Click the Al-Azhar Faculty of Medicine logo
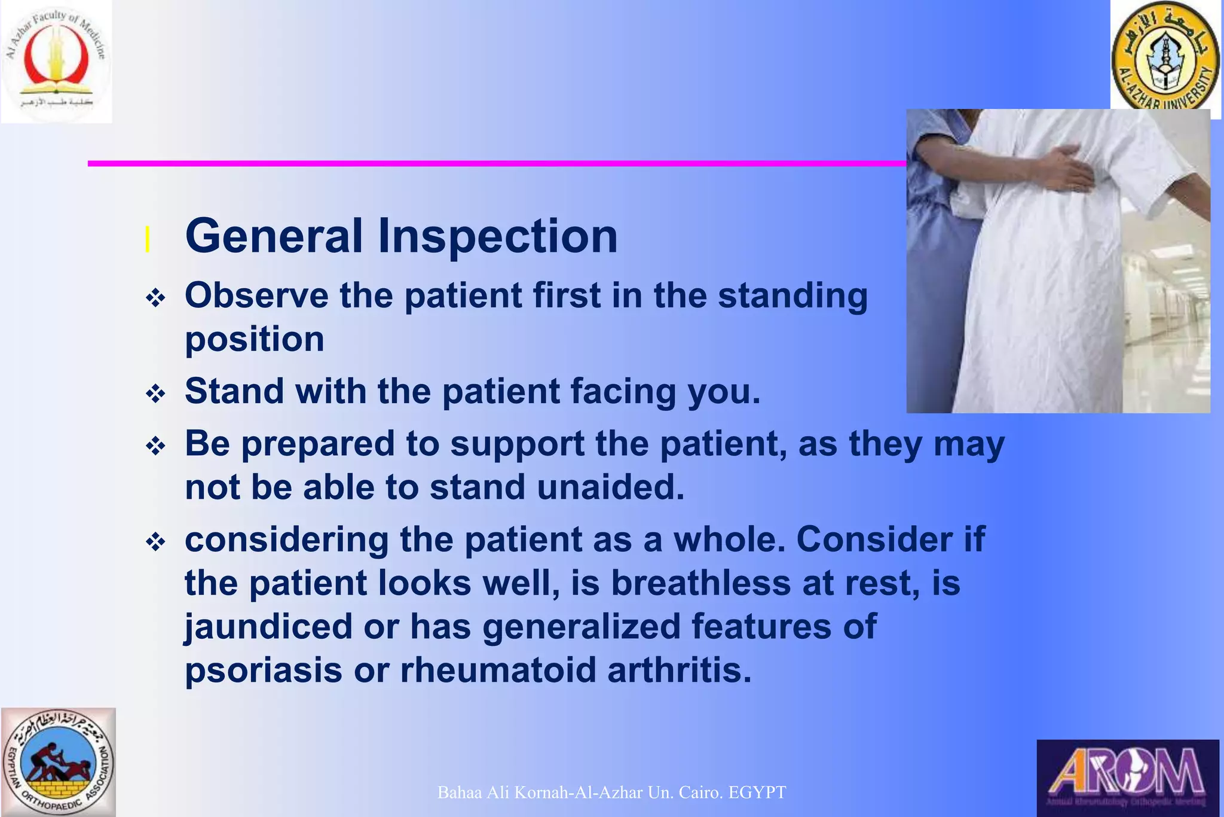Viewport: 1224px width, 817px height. pos(56,62)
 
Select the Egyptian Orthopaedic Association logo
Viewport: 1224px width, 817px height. pos(58,763)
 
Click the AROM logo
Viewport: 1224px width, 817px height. pos(1127,778)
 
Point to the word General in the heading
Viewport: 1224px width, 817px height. pos(274,236)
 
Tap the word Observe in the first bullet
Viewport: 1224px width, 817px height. pos(256,295)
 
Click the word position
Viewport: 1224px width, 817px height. pos(255,340)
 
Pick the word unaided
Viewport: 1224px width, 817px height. pos(610,487)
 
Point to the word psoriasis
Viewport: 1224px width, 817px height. pos(263,670)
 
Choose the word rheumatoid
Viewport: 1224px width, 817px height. pos(498,670)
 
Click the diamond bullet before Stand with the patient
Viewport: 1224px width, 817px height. pos(155,394)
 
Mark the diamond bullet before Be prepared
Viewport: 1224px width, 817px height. pos(155,446)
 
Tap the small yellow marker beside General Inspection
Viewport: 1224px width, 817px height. pos(147,240)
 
